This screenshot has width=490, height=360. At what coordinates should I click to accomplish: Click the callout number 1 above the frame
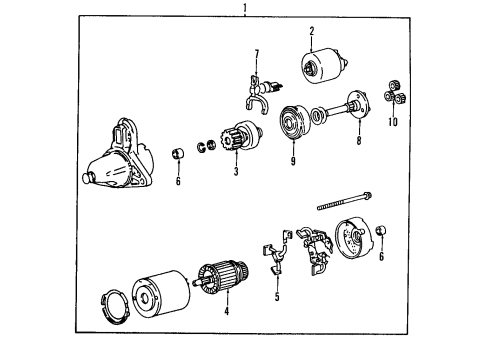[245, 7]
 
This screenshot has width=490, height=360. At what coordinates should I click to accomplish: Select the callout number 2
[312, 31]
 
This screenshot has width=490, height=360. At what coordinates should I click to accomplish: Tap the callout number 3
[236, 171]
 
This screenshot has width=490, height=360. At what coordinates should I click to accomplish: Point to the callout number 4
[227, 311]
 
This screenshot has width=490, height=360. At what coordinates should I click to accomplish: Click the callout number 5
[277, 297]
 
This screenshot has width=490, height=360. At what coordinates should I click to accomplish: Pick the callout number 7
[256, 54]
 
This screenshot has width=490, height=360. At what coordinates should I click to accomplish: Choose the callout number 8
[359, 140]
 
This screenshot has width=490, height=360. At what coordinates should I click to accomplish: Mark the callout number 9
[293, 161]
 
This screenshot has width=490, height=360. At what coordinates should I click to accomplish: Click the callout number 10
[393, 122]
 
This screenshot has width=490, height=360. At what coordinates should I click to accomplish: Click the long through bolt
[345, 201]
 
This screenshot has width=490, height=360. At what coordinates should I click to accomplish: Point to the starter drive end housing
[118, 154]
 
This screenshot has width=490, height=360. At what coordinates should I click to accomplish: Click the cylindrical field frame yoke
[161, 294]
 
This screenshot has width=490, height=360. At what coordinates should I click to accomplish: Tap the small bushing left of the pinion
[178, 154]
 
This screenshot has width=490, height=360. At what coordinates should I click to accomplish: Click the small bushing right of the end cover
[381, 230]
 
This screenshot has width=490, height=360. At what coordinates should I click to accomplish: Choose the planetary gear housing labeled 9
[294, 122]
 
